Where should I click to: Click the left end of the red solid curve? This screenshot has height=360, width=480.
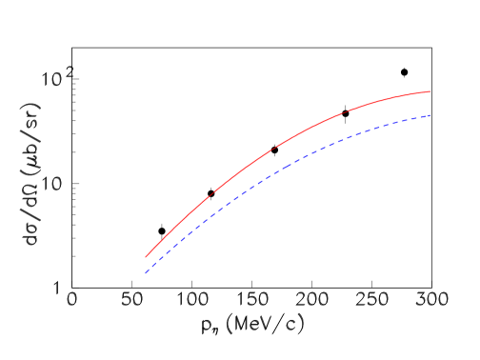point(146,257)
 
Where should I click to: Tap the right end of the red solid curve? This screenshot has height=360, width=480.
point(430,91)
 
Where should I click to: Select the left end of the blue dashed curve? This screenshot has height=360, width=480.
point(146,273)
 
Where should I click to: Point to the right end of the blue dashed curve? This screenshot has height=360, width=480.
point(430,115)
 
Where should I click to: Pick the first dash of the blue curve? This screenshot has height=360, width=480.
point(148,270)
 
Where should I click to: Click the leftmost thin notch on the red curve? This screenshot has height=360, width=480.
point(208,197)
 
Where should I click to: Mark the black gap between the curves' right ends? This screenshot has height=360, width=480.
point(430,104)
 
